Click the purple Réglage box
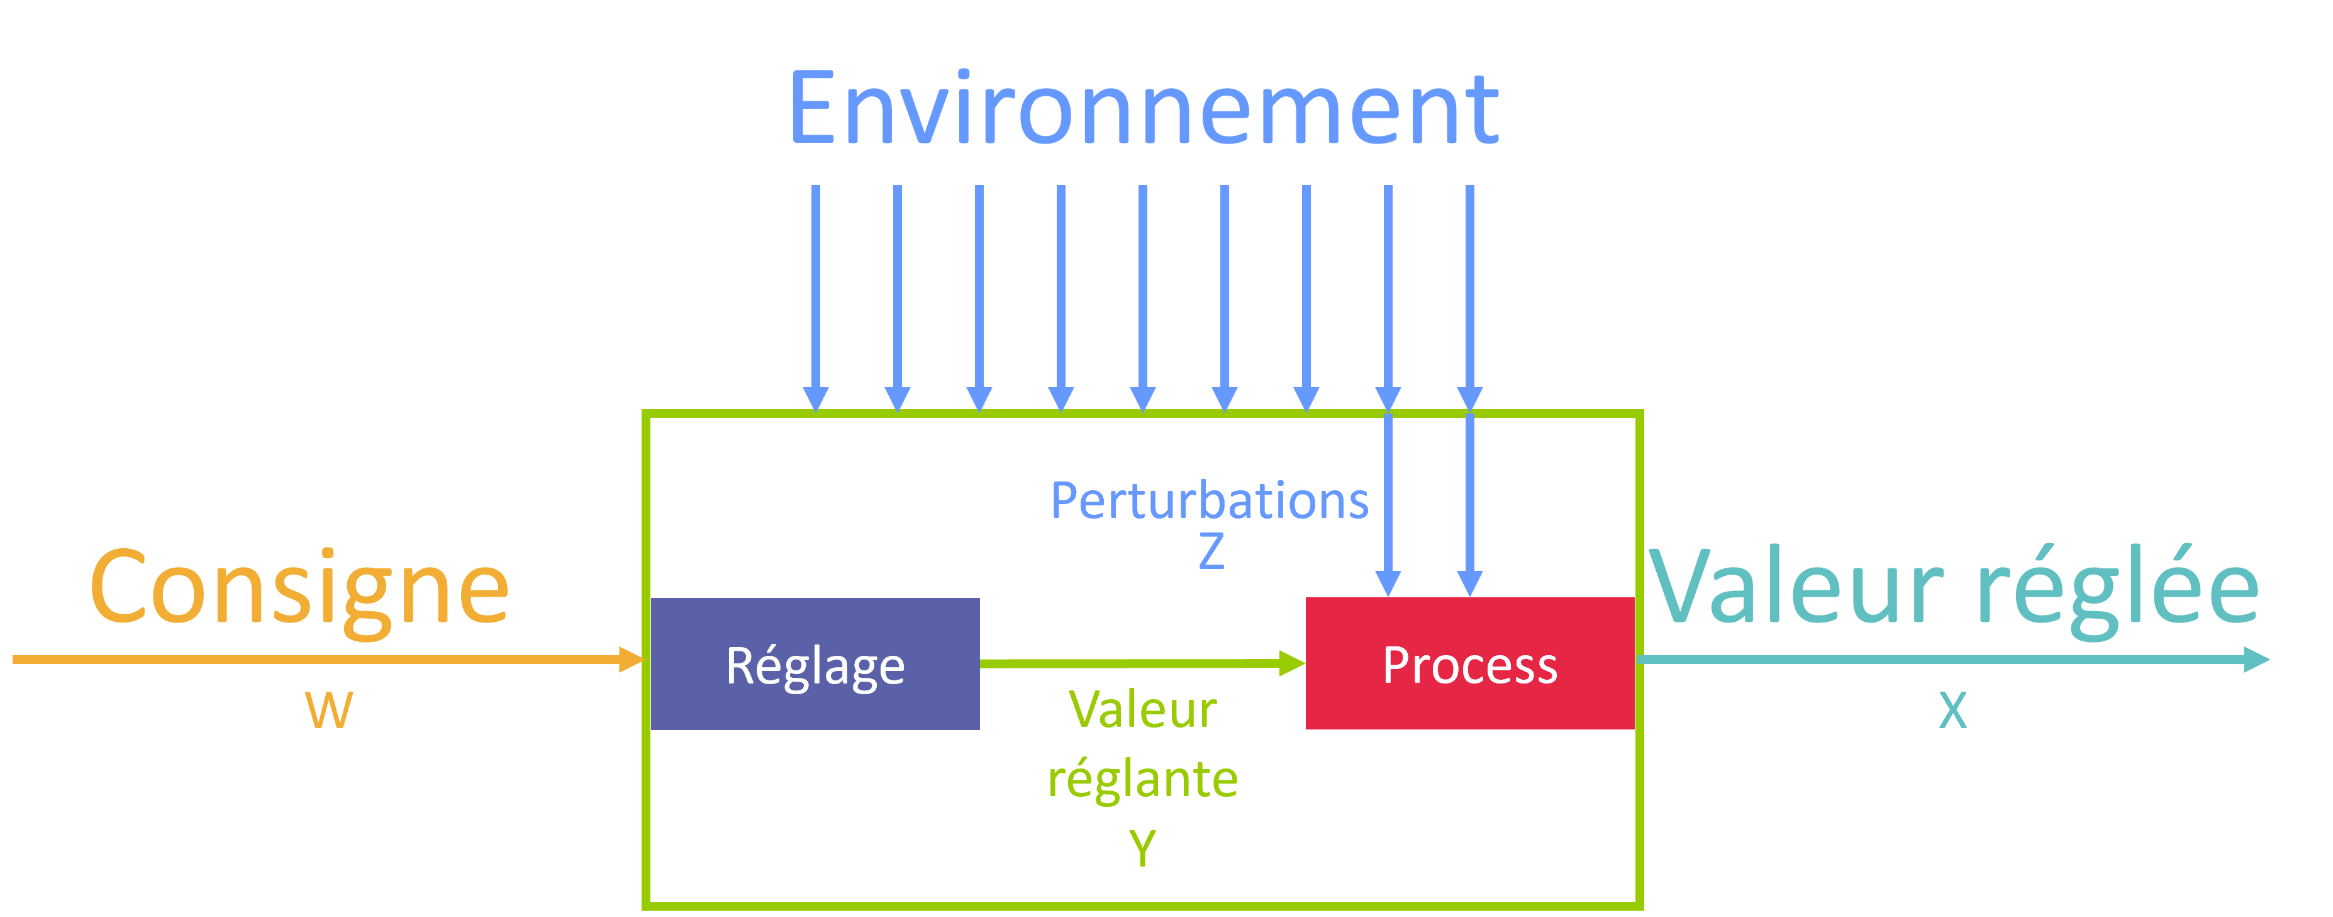pos(815,663)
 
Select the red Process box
pos(1470,663)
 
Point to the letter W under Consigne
pos(329,711)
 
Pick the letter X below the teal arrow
pos(1952,711)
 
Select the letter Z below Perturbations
pos(1211,551)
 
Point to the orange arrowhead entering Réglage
pos(632,660)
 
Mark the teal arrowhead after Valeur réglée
pos(2256,660)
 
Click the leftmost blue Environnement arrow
pos(816,299)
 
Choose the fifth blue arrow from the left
pos(1143,299)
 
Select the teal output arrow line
pos(1954,660)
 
